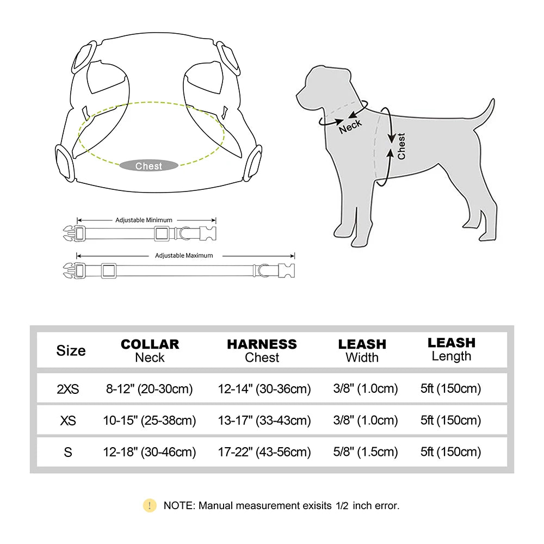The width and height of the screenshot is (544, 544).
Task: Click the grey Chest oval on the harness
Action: tap(149, 166)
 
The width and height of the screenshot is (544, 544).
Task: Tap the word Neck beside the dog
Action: tap(350, 127)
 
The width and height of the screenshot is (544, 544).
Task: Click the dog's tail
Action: tap(485, 114)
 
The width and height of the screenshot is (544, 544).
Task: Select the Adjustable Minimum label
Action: tap(144, 220)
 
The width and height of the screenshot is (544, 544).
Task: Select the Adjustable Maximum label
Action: tap(184, 255)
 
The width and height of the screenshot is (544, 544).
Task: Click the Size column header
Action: tap(71, 350)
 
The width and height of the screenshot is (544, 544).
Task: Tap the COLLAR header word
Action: tap(150, 344)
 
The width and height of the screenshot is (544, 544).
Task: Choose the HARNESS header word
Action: tap(262, 344)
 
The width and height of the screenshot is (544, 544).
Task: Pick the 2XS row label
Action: tap(68, 389)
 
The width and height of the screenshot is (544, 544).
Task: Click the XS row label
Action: tap(68, 421)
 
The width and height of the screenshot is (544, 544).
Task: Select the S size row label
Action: tap(68, 452)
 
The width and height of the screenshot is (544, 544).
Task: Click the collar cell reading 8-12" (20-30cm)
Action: tap(150, 389)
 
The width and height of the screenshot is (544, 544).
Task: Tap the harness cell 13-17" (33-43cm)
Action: tap(264, 421)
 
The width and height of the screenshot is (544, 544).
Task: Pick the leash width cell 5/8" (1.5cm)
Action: tap(365, 452)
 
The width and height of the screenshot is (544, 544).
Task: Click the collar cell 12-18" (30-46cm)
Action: tap(150, 452)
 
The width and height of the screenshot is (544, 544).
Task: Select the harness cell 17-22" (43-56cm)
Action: tap(264, 452)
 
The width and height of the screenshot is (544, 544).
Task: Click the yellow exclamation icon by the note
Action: tap(150, 505)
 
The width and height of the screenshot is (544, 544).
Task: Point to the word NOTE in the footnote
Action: tap(178, 505)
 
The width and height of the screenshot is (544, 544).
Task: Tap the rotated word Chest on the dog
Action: tap(401, 146)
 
